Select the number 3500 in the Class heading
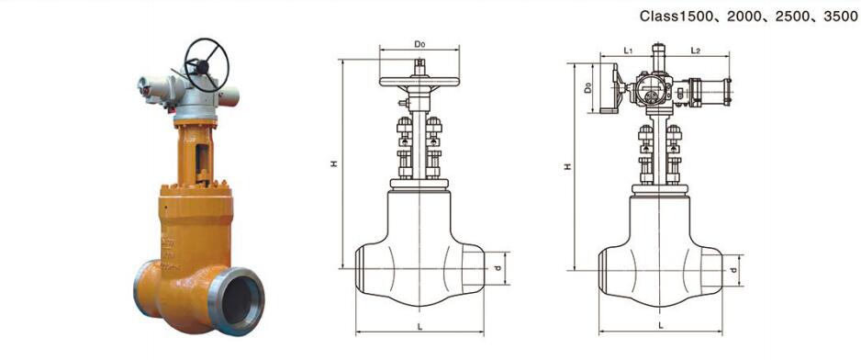point(841,17)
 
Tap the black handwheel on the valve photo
point(206,65)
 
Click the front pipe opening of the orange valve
point(237,301)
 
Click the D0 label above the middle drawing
point(419,44)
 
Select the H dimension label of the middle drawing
point(334,163)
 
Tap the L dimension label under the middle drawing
point(419,327)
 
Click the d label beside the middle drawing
point(497,268)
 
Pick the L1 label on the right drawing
point(629,51)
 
